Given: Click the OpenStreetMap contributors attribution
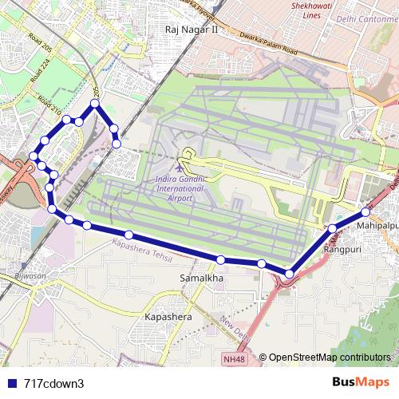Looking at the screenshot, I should tap(330, 358).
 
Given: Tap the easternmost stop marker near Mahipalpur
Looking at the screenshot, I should tap(365, 212).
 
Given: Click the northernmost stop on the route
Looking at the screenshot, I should tap(95, 104).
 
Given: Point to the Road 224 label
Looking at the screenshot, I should tap(35, 75).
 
